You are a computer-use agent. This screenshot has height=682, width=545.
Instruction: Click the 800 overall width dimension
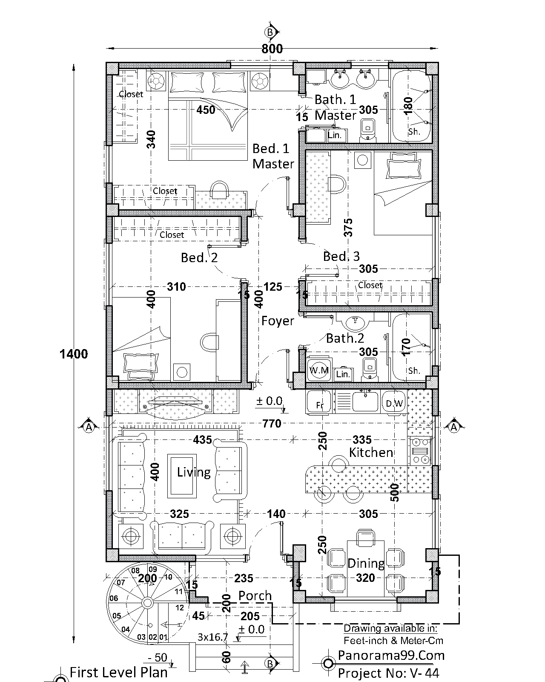click(272, 49)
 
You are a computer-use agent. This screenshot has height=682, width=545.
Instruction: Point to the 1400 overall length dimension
click(74, 354)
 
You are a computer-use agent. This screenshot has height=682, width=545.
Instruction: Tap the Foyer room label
click(278, 321)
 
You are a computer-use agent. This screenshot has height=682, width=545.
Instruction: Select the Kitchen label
click(371, 452)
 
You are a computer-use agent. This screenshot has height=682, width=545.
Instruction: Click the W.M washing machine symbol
click(319, 370)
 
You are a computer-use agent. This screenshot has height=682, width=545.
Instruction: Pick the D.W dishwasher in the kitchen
click(394, 402)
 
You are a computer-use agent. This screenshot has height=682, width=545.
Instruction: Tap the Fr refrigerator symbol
click(319, 402)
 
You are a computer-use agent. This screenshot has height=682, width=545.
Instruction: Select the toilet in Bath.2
click(369, 369)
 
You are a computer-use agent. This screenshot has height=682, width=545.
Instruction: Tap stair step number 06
click(114, 598)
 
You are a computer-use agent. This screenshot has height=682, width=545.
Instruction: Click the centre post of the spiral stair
click(147, 602)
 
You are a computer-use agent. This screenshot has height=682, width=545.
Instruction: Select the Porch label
click(255, 595)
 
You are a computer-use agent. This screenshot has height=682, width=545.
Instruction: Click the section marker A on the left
click(89, 427)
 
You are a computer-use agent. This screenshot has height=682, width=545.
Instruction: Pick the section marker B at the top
click(270, 32)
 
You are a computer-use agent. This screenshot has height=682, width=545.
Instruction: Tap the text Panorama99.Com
click(391, 656)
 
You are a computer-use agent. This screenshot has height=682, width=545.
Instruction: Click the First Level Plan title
click(118, 673)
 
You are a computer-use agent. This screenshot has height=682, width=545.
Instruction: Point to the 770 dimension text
click(272, 423)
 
